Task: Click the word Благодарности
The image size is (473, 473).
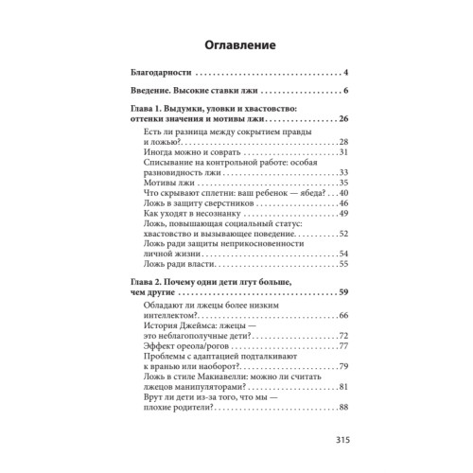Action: pyautogui.click(x=160, y=73)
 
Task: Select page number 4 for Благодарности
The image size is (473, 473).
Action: pyautogui.click(x=347, y=73)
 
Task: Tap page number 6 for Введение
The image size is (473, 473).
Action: pyautogui.click(x=347, y=91)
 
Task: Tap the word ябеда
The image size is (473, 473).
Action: pyautogui.click(x=298, y=193)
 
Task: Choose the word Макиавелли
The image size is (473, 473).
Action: pyautogui.click(x=222, y=377)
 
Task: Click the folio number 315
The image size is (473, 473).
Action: pyautogui.click(x=342, y=439)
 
